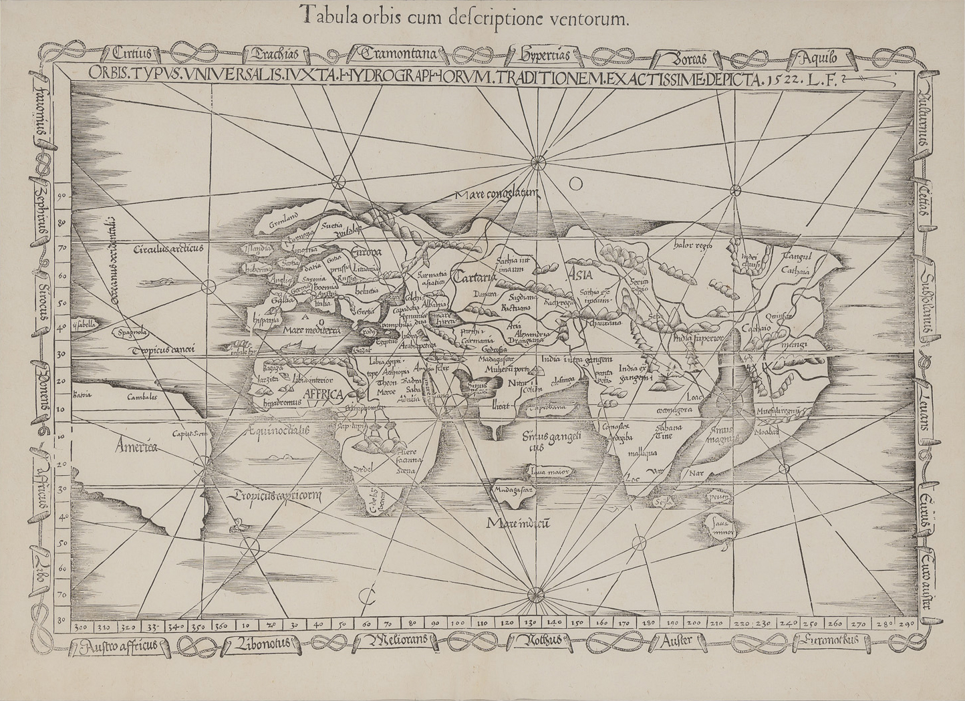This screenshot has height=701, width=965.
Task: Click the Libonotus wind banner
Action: pos(261,644)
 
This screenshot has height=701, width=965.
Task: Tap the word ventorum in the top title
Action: pos(591,19)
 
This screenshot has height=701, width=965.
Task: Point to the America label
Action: pos(135,446)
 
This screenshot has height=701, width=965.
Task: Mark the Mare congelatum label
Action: pos(495,194)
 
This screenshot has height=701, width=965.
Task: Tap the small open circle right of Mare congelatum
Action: pos(576,183)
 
